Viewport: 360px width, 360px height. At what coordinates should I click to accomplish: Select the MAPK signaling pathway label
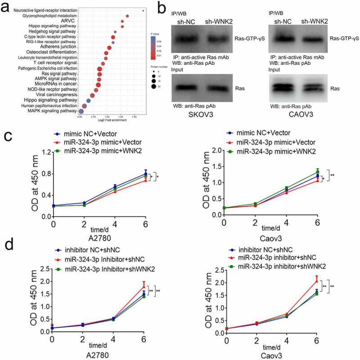pyautogui.click(x=51, y=110)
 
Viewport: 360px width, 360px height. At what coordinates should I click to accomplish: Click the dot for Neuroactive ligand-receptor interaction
pyautogui.click(x=143, y=10)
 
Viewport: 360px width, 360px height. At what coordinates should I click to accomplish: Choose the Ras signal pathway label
pyautogui.click(x=60, y=68)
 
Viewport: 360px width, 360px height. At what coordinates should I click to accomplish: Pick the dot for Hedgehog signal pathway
pyautogui.click(x=116, y=32)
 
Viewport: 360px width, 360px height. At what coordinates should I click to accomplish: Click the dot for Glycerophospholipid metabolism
pyautogui.click(x=127, y=16)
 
